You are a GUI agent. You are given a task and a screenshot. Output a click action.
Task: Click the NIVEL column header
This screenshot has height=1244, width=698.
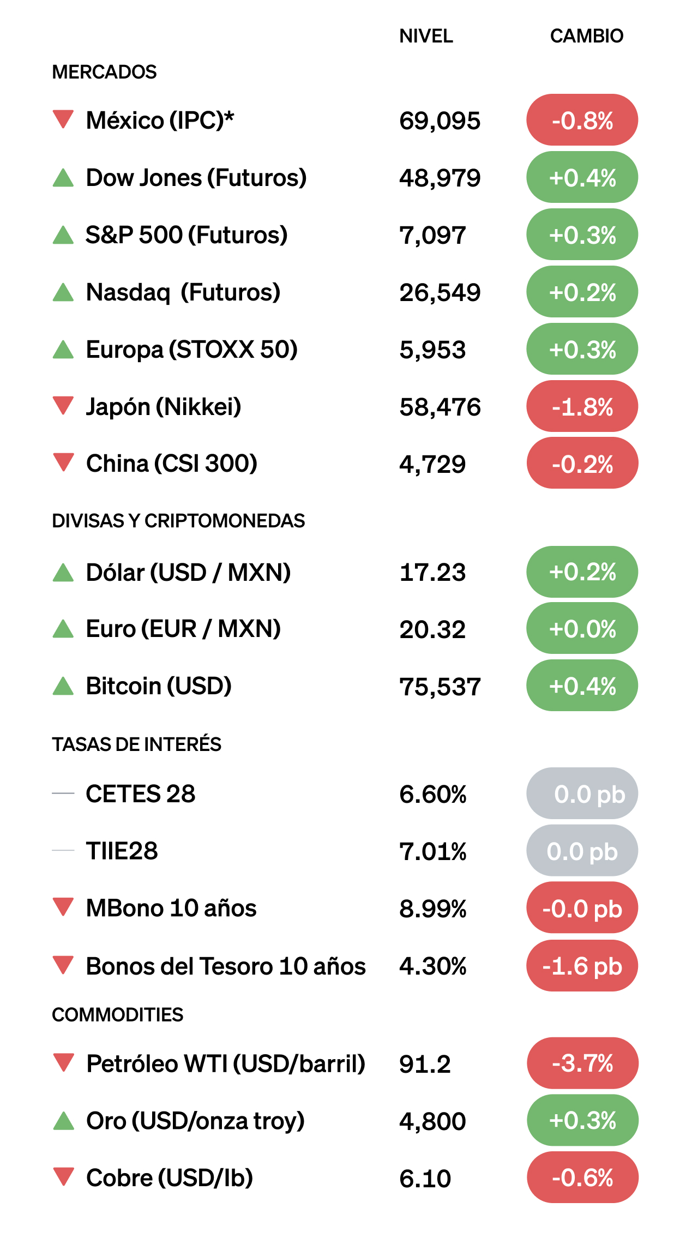[x=426, y=36]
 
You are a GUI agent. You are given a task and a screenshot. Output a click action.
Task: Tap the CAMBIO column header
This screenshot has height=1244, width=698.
[x=586, y=36]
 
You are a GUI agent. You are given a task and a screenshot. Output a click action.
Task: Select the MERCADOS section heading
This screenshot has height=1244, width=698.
[x=104, y=72]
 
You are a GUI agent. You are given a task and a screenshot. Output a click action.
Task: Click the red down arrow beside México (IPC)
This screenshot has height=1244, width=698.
[x=63, y=119]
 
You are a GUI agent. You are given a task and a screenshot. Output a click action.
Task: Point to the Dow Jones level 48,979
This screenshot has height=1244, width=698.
[x=440, y=178]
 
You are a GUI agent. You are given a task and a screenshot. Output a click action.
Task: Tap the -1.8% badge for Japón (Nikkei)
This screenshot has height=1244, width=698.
[x=582, y=407]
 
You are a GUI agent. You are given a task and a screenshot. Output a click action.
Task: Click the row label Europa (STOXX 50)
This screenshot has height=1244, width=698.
[x=192, y=350]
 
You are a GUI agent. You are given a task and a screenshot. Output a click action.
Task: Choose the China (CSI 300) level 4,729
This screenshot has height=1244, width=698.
[x=432, y=464]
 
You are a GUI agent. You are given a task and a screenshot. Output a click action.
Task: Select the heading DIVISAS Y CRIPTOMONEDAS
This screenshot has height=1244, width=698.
[x=178, y=521]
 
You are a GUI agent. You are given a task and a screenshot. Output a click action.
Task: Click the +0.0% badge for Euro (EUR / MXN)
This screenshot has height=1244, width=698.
[x=582, y=629]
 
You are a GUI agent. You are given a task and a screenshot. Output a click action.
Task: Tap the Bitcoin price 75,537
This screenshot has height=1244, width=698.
[x=440, y=687]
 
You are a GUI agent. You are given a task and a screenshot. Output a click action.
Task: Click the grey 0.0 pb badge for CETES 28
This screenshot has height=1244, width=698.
[x=582, y=794]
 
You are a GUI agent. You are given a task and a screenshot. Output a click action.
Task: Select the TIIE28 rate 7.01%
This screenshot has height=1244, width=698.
[x=432, y=851]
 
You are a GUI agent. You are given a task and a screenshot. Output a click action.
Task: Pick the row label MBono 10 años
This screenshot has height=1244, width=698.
[x=171, y=908]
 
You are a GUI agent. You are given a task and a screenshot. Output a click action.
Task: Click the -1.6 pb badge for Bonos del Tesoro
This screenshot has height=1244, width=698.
[x=582, y=966]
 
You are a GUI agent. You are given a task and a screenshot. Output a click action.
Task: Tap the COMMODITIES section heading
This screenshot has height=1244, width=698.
[x=118, y=1014]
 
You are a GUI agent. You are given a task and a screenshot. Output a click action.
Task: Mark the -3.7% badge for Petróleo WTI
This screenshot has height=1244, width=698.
[x=582, y=1063]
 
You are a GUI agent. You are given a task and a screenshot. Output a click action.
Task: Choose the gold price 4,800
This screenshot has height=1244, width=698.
[x=432, y=1121]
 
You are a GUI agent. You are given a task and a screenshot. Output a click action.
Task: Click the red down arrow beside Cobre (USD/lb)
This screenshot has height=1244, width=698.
[x=64, y=1176]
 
